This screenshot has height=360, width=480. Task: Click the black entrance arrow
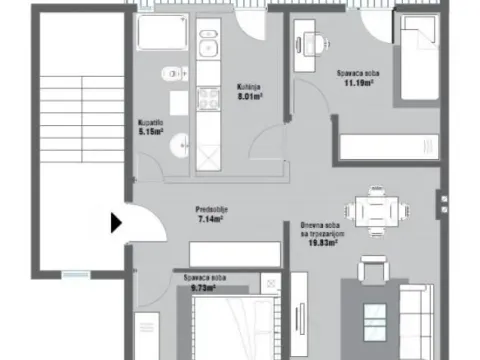pyautogui.click(x=116, y=222)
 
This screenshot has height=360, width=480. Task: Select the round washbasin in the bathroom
pyautogui.click(x=179, y=145)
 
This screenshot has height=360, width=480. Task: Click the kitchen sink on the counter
pyautogui.click(x=209, y=47)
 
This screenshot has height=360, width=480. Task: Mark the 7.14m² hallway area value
pyautogui.click(x=210, y=218)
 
